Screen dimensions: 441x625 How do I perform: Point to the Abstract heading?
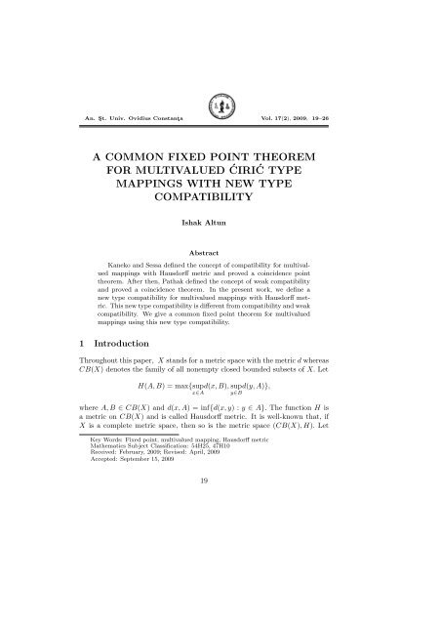(x=220, y=249)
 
